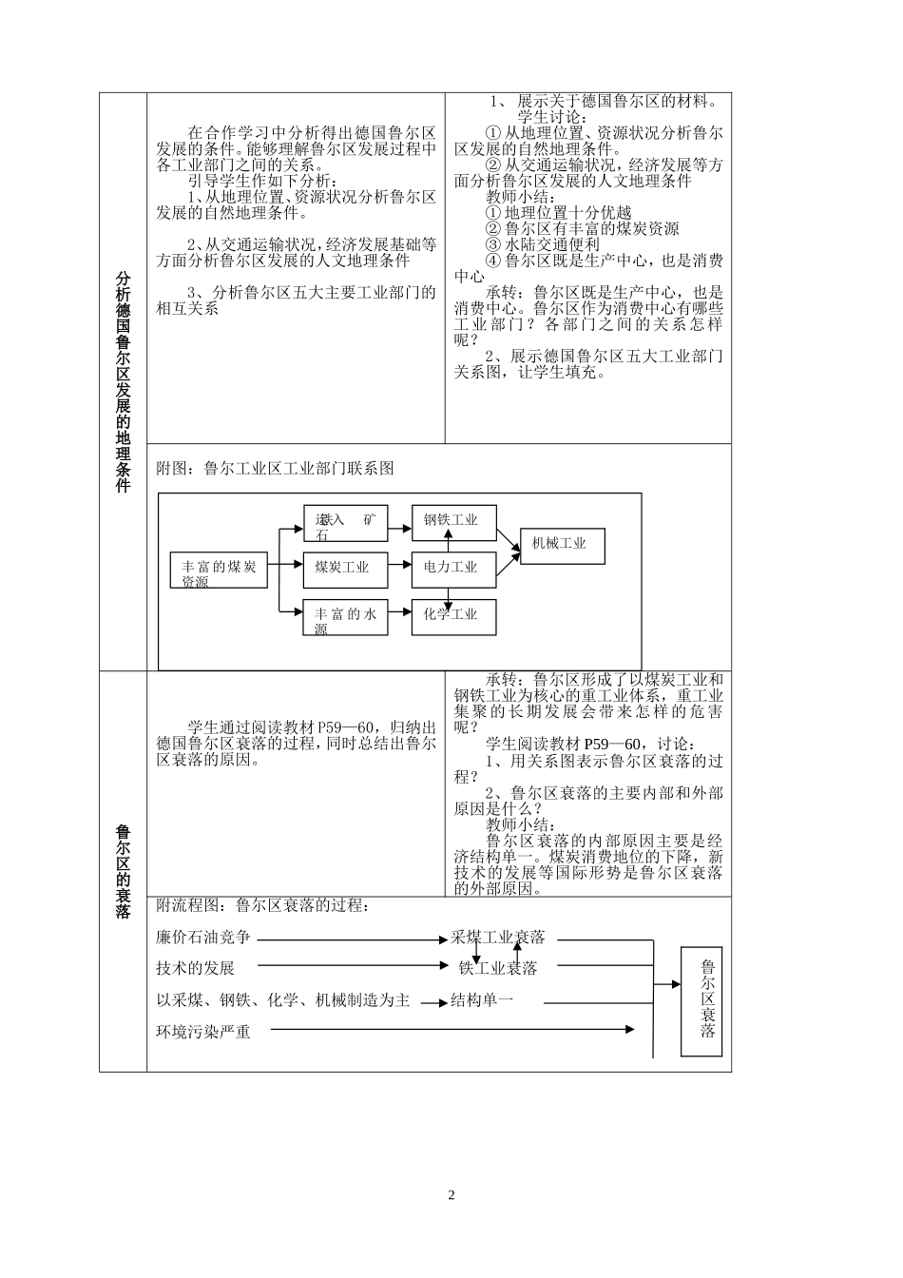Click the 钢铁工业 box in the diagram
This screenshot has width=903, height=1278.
(451, 520)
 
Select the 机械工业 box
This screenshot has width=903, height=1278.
(562, 545)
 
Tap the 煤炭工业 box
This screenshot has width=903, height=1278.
(345, 568)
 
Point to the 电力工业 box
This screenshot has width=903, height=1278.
(451, 568)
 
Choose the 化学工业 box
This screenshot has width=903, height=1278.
(451, 614)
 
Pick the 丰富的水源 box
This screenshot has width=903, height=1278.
(345, 619)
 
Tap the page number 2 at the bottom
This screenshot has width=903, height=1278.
(451, 1195)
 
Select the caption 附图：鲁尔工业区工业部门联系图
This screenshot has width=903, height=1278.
(275, 469)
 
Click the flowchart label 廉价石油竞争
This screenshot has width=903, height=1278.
(203, 939)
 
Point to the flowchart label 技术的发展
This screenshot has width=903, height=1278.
(196, 969)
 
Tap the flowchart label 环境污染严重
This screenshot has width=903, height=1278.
(203, 1032)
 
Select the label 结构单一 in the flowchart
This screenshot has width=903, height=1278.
(482, 1001)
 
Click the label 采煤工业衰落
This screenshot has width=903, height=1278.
(498, 938)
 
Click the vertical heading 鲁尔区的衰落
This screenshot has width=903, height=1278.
(124, 871)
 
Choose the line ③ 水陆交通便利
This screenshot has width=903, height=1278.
(543, 244)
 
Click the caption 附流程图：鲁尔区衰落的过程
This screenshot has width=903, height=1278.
(261, 906)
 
